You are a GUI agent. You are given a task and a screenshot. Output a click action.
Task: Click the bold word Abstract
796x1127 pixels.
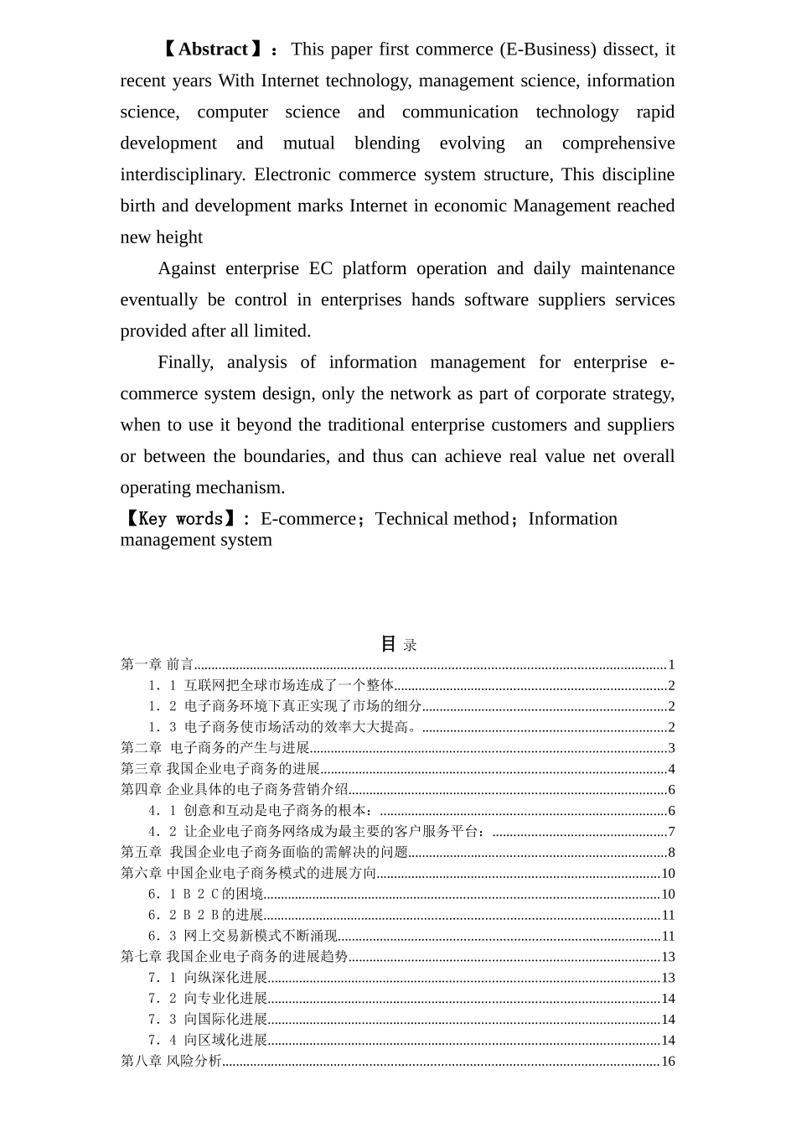click(x=213, y=49)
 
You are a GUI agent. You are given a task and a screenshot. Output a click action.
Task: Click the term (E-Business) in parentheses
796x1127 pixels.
click(x=548, y=49)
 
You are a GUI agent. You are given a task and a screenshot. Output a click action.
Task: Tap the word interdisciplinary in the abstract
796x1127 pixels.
click(x=182, y=174)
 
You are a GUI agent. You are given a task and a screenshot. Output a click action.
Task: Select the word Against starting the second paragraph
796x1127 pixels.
click(x=186, y=268)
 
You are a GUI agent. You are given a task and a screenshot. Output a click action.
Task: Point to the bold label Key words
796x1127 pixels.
click(x=179, y=519)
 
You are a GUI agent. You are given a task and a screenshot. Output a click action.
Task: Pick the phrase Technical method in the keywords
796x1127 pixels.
click(x=442, y=519)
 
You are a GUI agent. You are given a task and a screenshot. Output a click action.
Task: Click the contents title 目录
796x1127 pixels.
click(x=399, y=644)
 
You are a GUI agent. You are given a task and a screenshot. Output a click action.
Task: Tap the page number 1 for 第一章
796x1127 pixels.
click(x=671, y=665)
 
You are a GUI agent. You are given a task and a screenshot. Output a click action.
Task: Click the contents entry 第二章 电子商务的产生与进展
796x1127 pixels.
click(x=215, y=748)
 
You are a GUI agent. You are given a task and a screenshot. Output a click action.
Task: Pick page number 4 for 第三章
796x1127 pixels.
click(x=671, y=769)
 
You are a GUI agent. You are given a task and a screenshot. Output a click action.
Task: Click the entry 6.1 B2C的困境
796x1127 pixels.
click(x=206, y=895)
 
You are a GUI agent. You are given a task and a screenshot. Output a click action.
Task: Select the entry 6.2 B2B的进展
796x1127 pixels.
click(x=206, y=915)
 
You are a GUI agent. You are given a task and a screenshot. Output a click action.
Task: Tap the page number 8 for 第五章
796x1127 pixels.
click(x=671, y=853)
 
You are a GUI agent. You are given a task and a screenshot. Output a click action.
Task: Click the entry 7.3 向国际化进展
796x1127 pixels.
click(x=208, y=1020)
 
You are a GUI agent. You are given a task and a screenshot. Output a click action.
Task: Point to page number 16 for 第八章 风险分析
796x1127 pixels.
click(x=668, y=1062)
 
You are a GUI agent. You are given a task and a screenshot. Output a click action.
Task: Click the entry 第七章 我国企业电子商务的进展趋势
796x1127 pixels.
click(x=235, y=957)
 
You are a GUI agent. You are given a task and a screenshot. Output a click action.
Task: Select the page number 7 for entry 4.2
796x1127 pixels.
click(x=671, y=832)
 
